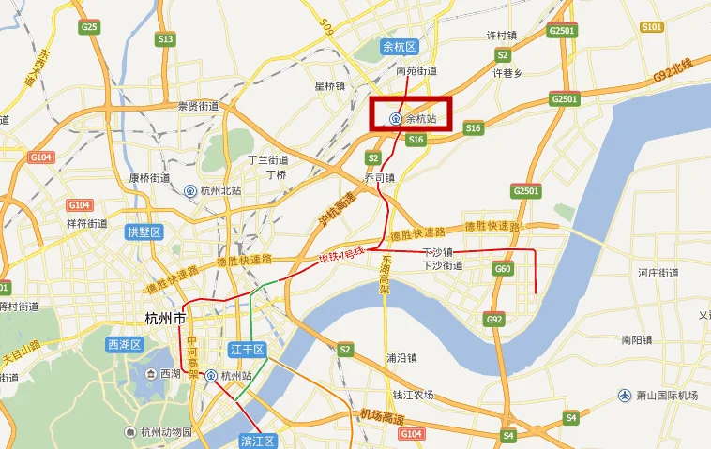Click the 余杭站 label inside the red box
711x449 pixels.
click(421, 119)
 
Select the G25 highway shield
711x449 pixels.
click(90, 27)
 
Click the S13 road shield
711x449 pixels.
click(166, 39)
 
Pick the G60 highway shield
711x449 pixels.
click(503, 269)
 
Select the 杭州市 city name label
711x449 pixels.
click(172, 318)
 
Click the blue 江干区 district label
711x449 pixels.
click(249, 350)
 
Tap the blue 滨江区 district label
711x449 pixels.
click(257, 441)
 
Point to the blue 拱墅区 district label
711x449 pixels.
click(144, 232)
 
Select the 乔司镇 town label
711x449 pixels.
click(379, 176)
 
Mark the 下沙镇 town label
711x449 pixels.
click(438, 251)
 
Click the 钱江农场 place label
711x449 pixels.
click(413, 395)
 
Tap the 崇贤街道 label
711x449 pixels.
click(198, 107)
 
